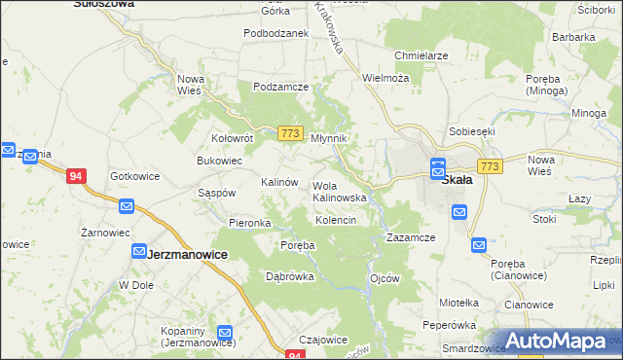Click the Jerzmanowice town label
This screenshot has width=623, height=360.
click(187, 254)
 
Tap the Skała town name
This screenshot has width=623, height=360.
click(457, 180)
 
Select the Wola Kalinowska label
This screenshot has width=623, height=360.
click(339, 191)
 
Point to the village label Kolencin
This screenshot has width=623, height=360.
click(336, 221)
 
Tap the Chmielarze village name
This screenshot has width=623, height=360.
click(421, 55)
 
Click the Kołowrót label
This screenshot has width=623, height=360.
click(233, 138)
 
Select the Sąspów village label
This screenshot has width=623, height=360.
click(217, 193)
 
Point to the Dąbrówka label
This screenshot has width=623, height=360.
click(290, 276)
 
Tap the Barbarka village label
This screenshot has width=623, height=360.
click(573, 37)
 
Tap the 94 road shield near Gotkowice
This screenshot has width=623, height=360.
click(76, 176)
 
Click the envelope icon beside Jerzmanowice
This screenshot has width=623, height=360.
click(139, 251)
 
